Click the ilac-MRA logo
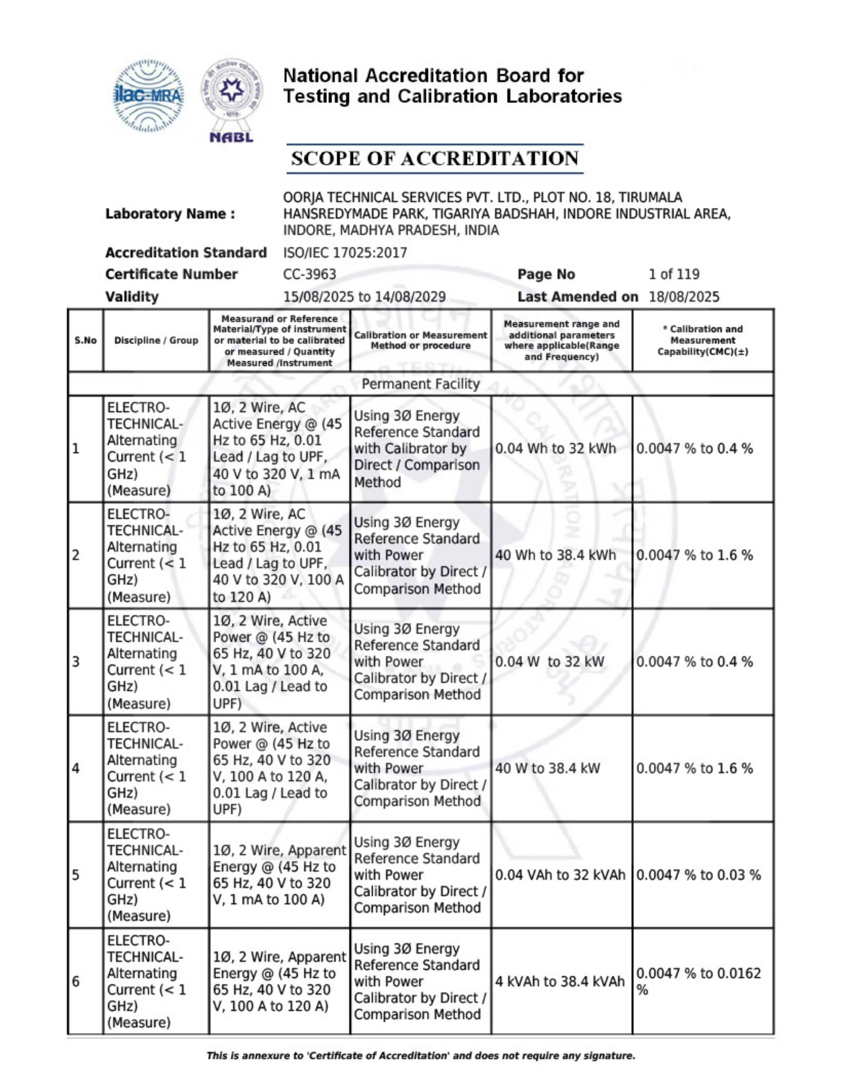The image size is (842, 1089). point(148,96)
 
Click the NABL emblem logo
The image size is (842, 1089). point(231,100)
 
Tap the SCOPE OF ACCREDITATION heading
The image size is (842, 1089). point(435,158)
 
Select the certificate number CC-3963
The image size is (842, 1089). point(309,274)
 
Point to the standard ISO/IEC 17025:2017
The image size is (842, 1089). point(345,253)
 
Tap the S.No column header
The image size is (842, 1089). point(85,341)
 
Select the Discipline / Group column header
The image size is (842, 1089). point(156,341)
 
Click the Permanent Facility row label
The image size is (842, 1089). point(420,384)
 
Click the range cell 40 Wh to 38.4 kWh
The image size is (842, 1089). point(555,555)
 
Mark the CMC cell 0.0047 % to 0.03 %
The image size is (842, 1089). point(698,875)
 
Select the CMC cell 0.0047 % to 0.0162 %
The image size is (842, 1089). point(698,981)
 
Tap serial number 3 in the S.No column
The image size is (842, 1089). point(76,662)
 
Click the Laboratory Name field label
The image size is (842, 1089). point(170,214)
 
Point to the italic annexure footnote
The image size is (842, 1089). point(420,1056)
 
